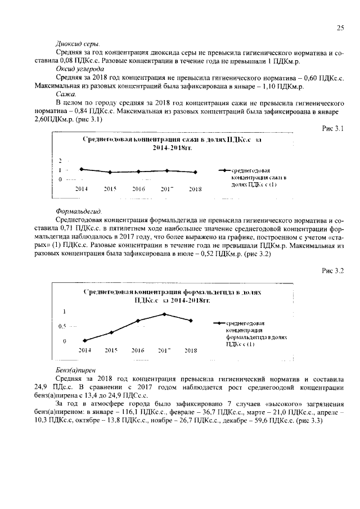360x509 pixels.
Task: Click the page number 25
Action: pyautogui.click(x=340, y=28)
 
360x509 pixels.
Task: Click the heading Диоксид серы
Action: pyautogui.click(x=78, y=44)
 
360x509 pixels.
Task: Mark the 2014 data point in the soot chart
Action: pyautogui.click(x=82, y=169)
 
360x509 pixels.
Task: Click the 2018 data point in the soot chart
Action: pyautogui.click(x=195, y=172)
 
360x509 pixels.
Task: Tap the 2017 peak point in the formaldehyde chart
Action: pyautogui.click(x=164, y=314)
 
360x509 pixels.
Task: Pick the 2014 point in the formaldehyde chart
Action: pyautogui.click(x=84, y=340)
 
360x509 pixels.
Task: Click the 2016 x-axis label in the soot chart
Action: pyautogui.click(x=138, y=190)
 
